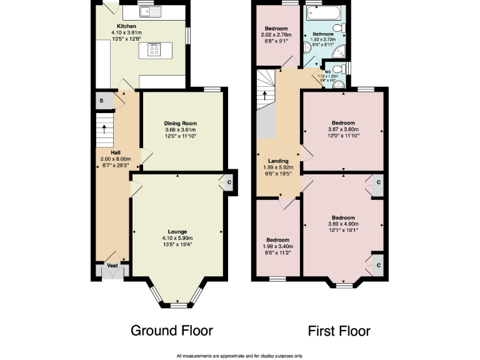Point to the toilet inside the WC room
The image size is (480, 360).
point(338,69)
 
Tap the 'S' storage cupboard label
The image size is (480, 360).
point(101,101)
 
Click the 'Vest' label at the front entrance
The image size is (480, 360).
point(112,266)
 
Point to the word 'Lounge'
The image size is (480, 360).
point(177,231)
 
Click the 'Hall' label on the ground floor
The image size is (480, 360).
point(116,152)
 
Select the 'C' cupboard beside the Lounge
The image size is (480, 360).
point(229,182)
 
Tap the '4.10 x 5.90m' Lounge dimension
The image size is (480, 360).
point(177,238)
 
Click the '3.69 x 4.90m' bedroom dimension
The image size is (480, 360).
point(343,224)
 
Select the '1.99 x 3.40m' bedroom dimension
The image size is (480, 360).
point(277,247)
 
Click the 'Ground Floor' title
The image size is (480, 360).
point(171,331)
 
